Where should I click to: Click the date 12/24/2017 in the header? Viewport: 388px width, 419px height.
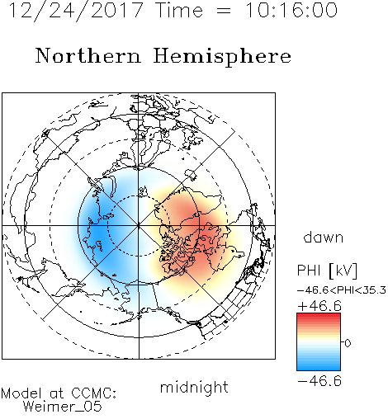[76, 11]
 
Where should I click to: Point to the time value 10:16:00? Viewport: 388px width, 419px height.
[291, 11]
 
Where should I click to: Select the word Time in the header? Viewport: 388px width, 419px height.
[179, 11]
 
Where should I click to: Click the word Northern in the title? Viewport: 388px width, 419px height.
[88, 55]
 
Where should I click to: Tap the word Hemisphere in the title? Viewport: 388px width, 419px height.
[222, 57]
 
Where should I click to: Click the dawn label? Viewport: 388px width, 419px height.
[324, 237]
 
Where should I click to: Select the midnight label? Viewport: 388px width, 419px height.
[194, 387]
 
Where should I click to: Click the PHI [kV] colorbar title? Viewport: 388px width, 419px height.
[328, 271]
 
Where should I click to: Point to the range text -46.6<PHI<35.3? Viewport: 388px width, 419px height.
[342, 290]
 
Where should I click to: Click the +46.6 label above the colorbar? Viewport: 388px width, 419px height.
[319, 306]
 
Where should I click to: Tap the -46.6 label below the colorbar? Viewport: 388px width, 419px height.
[319, 381]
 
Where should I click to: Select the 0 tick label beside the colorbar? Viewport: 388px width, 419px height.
[348, 343]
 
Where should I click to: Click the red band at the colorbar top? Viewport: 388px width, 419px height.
[319, 316]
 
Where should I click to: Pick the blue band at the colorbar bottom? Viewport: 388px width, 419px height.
[319, 368]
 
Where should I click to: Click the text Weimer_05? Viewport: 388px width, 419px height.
[63, 406]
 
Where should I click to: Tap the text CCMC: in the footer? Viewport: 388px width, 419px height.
[94, 393]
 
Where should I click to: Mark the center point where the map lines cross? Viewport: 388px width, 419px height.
[139, 225]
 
